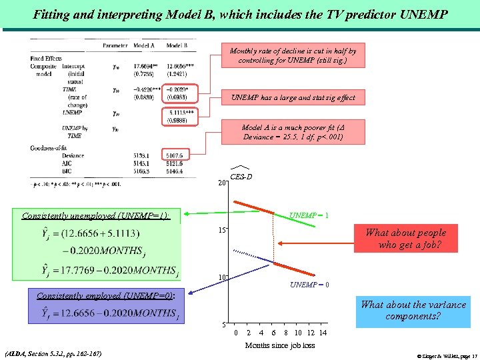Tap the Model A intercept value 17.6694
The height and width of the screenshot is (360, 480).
[x=145, y=66]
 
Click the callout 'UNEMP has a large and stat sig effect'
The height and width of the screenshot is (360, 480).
[x=293, y=98]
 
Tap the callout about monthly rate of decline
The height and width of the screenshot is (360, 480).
[x=293, y=55]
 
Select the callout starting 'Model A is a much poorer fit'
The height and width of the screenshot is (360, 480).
[x=293, y=132]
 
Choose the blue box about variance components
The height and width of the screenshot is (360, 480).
[x=413, y=310]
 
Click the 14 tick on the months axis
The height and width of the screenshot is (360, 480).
[x=323, y=332]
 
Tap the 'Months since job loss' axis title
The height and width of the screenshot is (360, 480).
[x=279, y=345]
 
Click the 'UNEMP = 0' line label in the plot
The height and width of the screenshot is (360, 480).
[x=309, y=285]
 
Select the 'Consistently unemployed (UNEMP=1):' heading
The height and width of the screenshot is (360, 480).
[x=95, y=215]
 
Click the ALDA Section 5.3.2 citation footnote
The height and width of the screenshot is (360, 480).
[x=53, y=353]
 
